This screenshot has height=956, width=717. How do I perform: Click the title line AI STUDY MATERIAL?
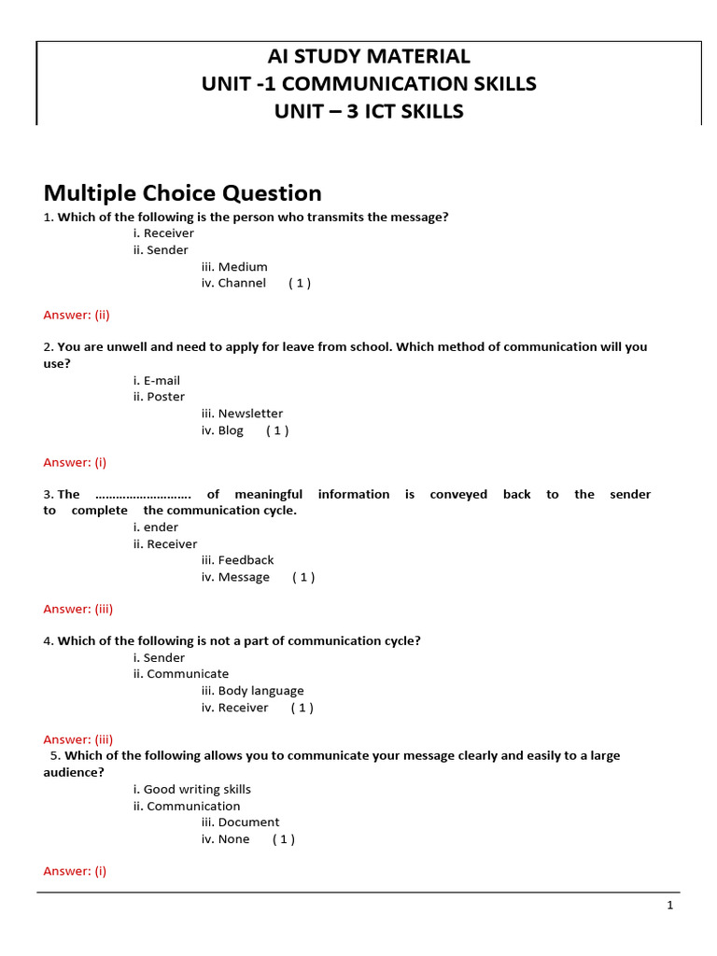click(369, 56)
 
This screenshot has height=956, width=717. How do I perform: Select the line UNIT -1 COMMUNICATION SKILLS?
click(369, 84)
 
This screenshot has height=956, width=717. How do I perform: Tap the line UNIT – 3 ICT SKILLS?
click(369, 112)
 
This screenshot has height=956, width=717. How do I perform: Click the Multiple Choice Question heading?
click(183, 193)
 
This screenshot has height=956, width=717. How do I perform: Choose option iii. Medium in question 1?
click(234, 267)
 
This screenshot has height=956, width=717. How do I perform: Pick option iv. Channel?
click(233, 283)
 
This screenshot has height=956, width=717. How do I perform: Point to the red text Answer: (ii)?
click(77, 315)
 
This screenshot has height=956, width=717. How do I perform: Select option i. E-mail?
click(157, 381)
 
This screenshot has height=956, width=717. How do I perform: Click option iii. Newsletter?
click(242, 414)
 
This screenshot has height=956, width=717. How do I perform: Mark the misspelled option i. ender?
click(156, 527)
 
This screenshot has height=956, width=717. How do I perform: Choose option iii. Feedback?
click(237, 560)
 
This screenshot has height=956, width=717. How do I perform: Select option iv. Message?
click(235, 577)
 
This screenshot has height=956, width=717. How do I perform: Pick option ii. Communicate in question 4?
click(180, 674)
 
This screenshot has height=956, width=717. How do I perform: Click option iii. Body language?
click(252, 691)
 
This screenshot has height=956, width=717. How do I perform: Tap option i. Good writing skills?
click(192, 790)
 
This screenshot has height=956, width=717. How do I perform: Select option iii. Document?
click(240, 822)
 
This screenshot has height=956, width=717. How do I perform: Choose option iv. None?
click(225, 839)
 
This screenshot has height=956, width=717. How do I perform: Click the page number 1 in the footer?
click(669, 906)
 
